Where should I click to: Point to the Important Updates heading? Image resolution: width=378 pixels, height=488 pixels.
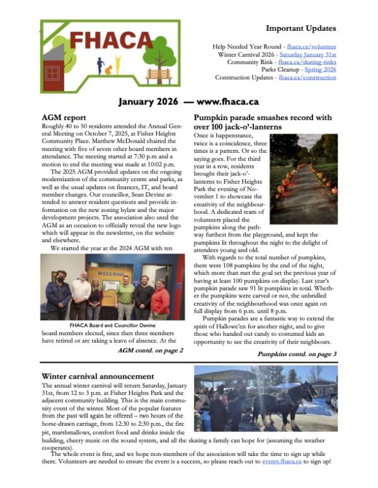coord(301,29)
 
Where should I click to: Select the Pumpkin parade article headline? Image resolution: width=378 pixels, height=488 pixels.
coord(262,122)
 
